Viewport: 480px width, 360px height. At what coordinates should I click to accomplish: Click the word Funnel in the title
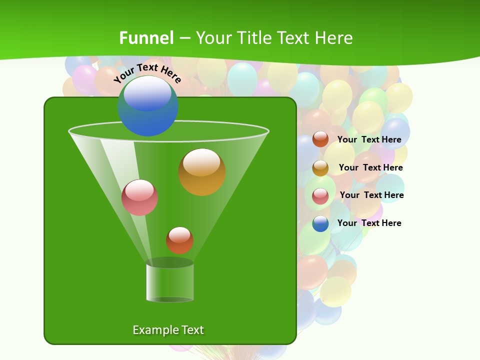[x=146, y=38]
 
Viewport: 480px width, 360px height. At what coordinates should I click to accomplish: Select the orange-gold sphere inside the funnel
[x=202, y=172]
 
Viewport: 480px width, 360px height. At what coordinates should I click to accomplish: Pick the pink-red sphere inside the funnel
[x=140, y=197]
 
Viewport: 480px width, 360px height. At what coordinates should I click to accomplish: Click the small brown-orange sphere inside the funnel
[x=179, y=240]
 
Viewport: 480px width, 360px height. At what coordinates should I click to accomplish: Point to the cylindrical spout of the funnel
[x=170, y=282]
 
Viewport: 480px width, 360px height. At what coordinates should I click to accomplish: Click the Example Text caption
[x=168, y=330]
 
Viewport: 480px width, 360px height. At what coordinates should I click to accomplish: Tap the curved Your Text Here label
[x=147, y=73]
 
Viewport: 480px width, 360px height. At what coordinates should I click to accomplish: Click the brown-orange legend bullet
[x=320, y=139]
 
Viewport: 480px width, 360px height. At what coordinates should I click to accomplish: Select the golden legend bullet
[x=320, y=168]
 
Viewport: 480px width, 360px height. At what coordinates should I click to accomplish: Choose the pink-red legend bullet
[x=320, y=196]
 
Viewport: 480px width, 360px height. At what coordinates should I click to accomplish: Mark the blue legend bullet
[x=320, y=223]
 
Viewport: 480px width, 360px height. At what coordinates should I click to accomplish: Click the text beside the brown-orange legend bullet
[x=369, y=140]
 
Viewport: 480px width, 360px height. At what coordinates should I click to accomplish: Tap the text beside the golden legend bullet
[x=370, y=168]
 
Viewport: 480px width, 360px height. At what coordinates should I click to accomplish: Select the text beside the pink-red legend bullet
[x=371, y=195]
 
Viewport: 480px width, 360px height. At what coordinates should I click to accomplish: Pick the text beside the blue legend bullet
[x=369, y=223]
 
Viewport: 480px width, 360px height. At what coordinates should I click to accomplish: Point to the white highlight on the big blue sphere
[x=147, y=93]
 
